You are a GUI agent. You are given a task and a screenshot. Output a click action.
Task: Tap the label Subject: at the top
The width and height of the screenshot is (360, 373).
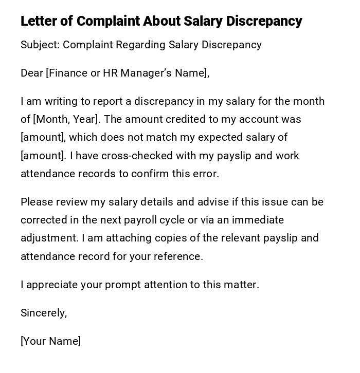pos(40,45)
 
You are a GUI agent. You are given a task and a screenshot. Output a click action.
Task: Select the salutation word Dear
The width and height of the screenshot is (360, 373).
pos(32,73)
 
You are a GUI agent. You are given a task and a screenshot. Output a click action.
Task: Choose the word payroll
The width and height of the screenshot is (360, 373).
pos(141,220)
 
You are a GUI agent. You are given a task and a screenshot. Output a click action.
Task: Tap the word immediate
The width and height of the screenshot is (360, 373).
pos(258,220)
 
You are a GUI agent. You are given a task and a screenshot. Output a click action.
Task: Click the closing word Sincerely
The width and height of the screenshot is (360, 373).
pos(43,313)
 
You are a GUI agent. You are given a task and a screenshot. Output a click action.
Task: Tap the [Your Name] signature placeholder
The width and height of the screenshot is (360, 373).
pos(50,341)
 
